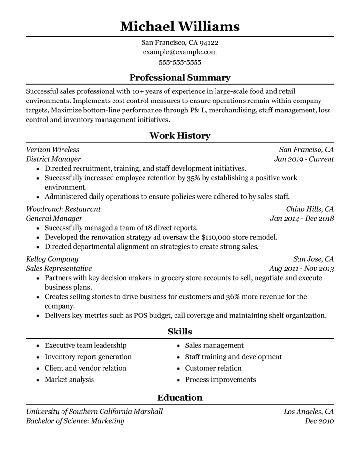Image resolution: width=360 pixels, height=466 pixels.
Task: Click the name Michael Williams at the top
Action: click(180, 26)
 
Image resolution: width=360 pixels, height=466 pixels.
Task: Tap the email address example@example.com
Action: click(180, 52)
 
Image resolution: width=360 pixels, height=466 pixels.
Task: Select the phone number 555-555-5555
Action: click(180, 62)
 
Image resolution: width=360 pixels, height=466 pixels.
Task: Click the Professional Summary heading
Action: click(180, 77)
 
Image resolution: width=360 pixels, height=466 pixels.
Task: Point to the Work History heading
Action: click(180, 136)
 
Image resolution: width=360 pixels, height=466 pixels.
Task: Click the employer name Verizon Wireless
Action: click(52, 150)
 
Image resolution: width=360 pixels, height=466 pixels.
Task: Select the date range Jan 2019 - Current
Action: click(304, 159)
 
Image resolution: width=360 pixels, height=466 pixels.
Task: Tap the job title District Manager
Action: click(53, 159)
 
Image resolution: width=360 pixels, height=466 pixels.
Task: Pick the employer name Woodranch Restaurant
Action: click(63, 209)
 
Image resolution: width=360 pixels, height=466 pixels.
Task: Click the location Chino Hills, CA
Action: click(309, 209)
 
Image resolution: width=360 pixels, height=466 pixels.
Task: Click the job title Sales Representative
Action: click(59, 269)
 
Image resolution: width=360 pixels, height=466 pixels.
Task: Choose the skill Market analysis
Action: click(69, 380)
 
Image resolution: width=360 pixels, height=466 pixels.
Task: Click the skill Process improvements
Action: click(220, 380)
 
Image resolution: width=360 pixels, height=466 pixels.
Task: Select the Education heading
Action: click(180, 397)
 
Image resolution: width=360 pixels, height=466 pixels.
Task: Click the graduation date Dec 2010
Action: click(319, 421)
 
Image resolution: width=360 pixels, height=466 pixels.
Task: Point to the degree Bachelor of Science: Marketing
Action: click(75, 421)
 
